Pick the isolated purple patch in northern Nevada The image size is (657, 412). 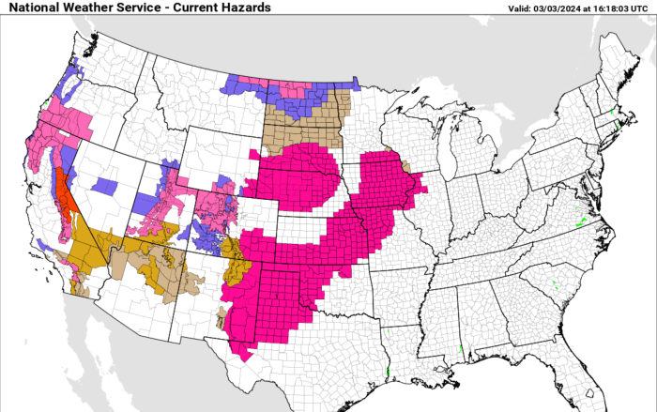coord(105,186)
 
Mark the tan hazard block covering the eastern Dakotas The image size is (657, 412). coord(300,127)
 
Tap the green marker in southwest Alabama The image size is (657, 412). coord(461,355)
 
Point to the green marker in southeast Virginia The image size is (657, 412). coord(578,222)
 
